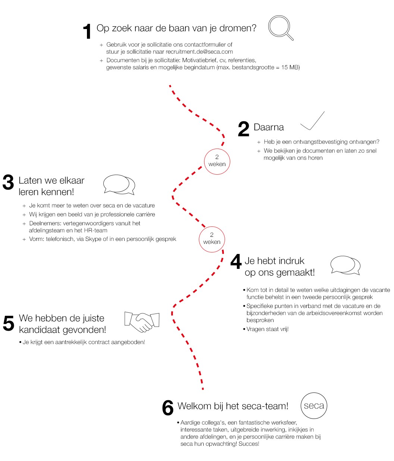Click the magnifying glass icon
click(279, 26)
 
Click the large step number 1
click(87, 31)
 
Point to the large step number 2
click(243, 129)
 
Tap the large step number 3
click(8, 182)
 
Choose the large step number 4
click(236, 261)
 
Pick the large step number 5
click(9, 323)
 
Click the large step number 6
click(168, 408)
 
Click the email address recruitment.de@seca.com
click(199, 52)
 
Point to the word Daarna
click(269, 127)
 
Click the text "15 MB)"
click(291, 67)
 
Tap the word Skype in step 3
click(93, 239)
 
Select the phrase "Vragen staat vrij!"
click(268, 329)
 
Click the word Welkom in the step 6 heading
click(194, 406)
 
